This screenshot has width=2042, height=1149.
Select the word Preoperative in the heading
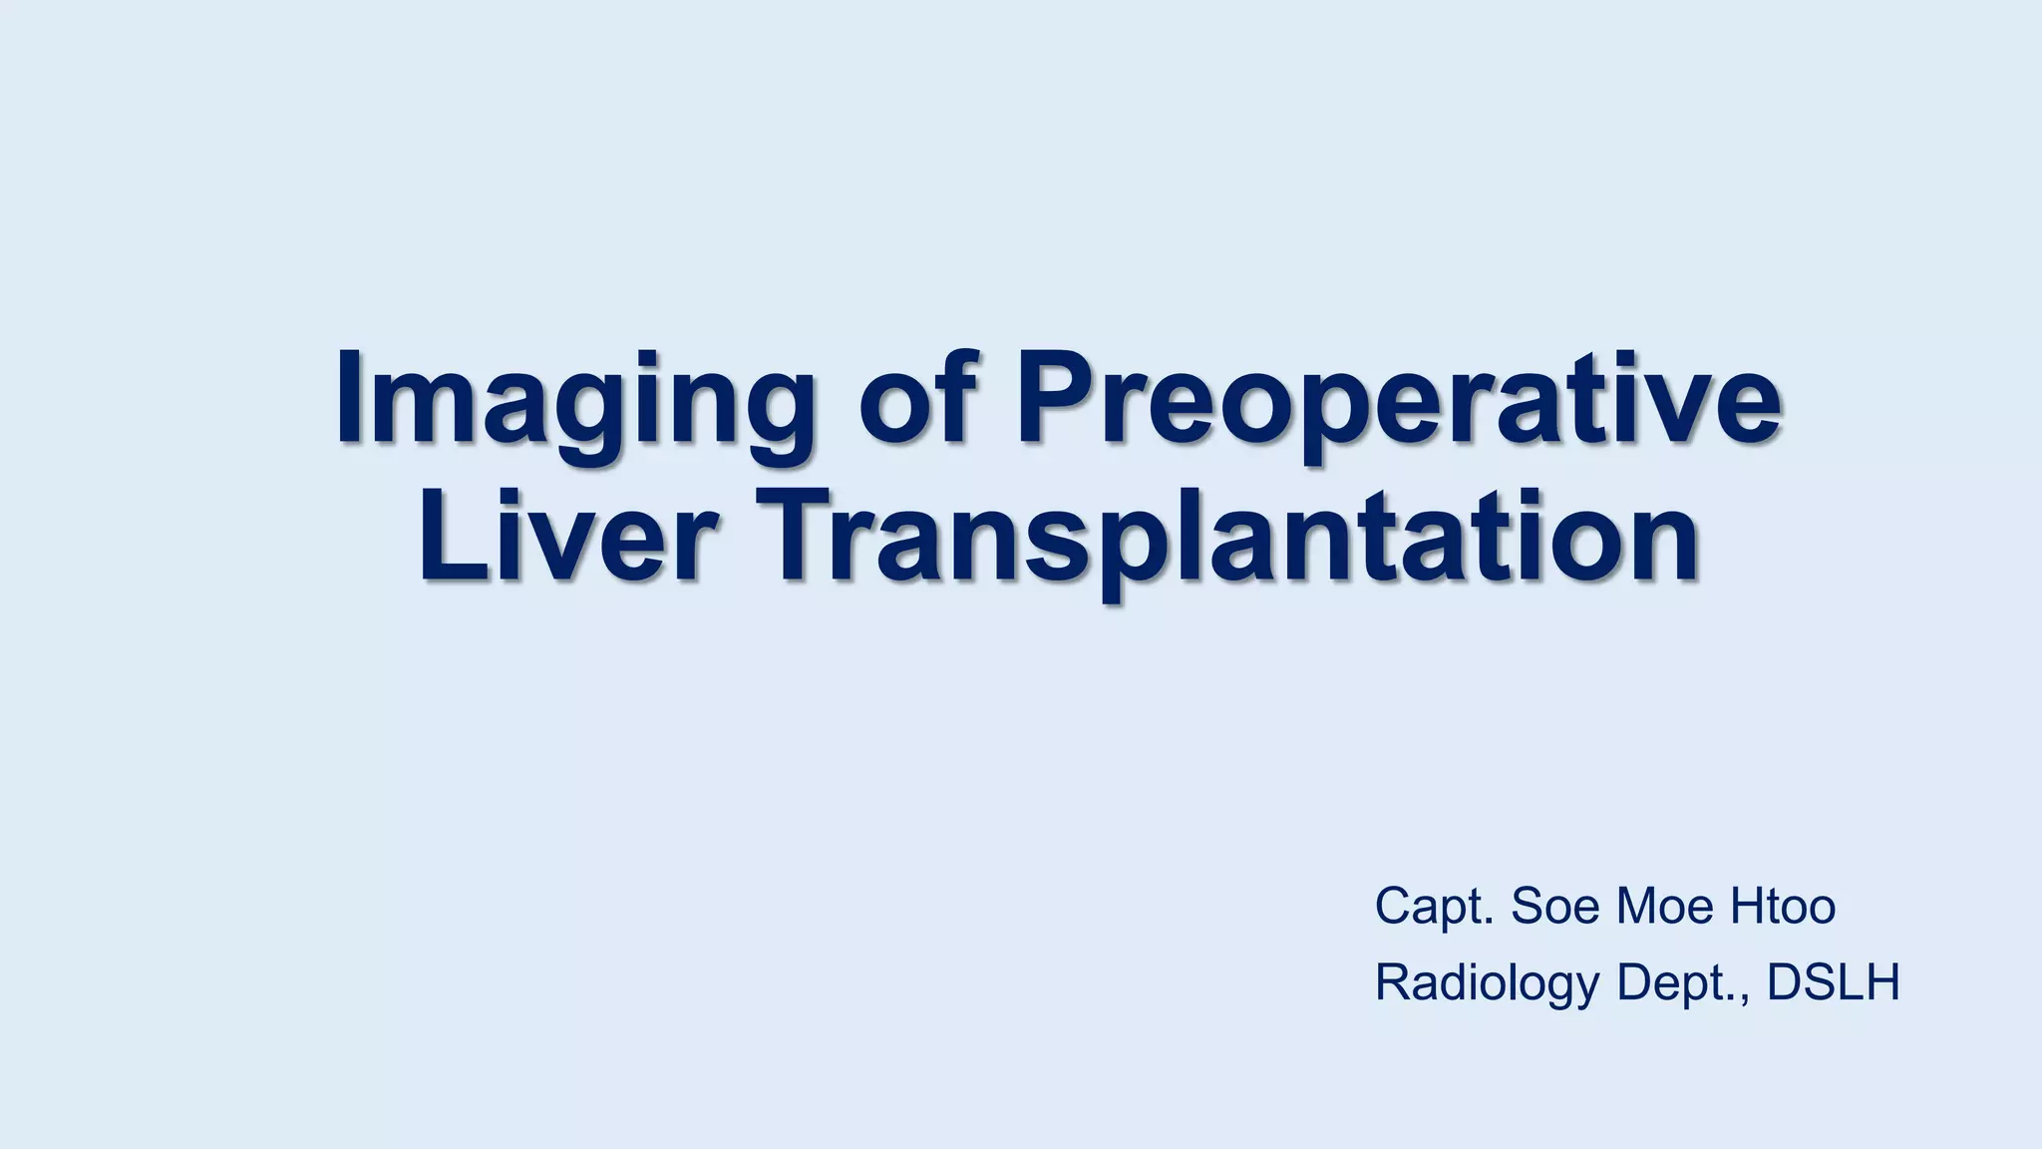[1397, 399]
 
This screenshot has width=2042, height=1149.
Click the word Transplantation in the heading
[1231, 539]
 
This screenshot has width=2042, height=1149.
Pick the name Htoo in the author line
[1783, 906]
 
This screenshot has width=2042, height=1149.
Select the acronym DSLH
[1834, 982]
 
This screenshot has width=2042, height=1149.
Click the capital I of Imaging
[348, 396]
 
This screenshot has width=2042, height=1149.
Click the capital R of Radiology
[1394, 982]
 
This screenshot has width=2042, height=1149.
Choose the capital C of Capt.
[1394, 906]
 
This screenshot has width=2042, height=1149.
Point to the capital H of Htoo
[1747, 906]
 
